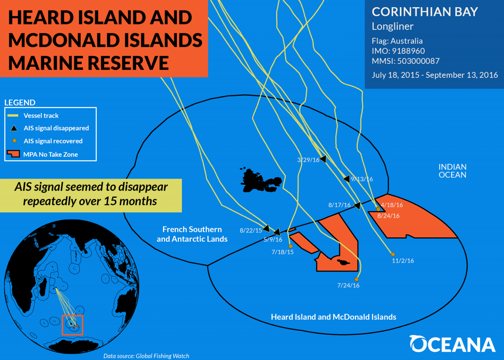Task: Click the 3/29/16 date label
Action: (x=308, y=160)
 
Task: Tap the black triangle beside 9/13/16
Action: (x=347, y=179)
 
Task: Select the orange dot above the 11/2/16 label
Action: (x=393, y=254)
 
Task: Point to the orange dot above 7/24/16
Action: (x=357, y=279)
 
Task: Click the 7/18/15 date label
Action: (x=283, y=252)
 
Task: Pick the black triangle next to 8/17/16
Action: (x=357, y=205)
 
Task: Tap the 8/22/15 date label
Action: (x=251, y=230)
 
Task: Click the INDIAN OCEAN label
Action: (x=452, y=171)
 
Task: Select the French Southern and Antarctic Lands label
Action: (x=192, y=234)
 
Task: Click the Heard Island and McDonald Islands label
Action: (x=333, y=317)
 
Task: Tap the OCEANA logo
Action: (x=452, y=344)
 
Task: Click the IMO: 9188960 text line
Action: (x=398, y=51)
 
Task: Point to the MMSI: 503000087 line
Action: (x=406, y=61)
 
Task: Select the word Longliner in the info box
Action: (x=393, y=26)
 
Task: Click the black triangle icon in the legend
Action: (x=14, y=128)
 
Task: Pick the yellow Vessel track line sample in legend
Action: (x=13, y=116)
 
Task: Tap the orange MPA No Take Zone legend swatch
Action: (x=13, y=154)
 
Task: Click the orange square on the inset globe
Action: (x=72, y=325)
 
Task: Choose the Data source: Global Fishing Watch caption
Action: (x=146, y=356)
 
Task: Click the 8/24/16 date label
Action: (x=388, y=216)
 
